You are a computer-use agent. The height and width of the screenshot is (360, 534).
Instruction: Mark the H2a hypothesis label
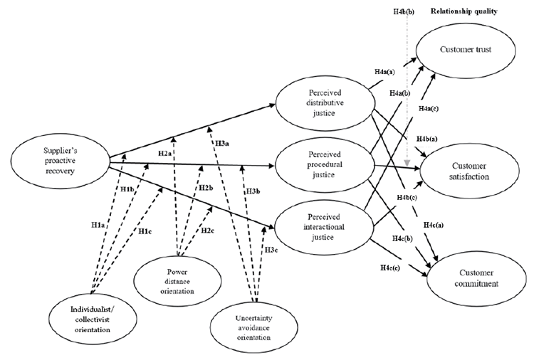click(165, 154)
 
